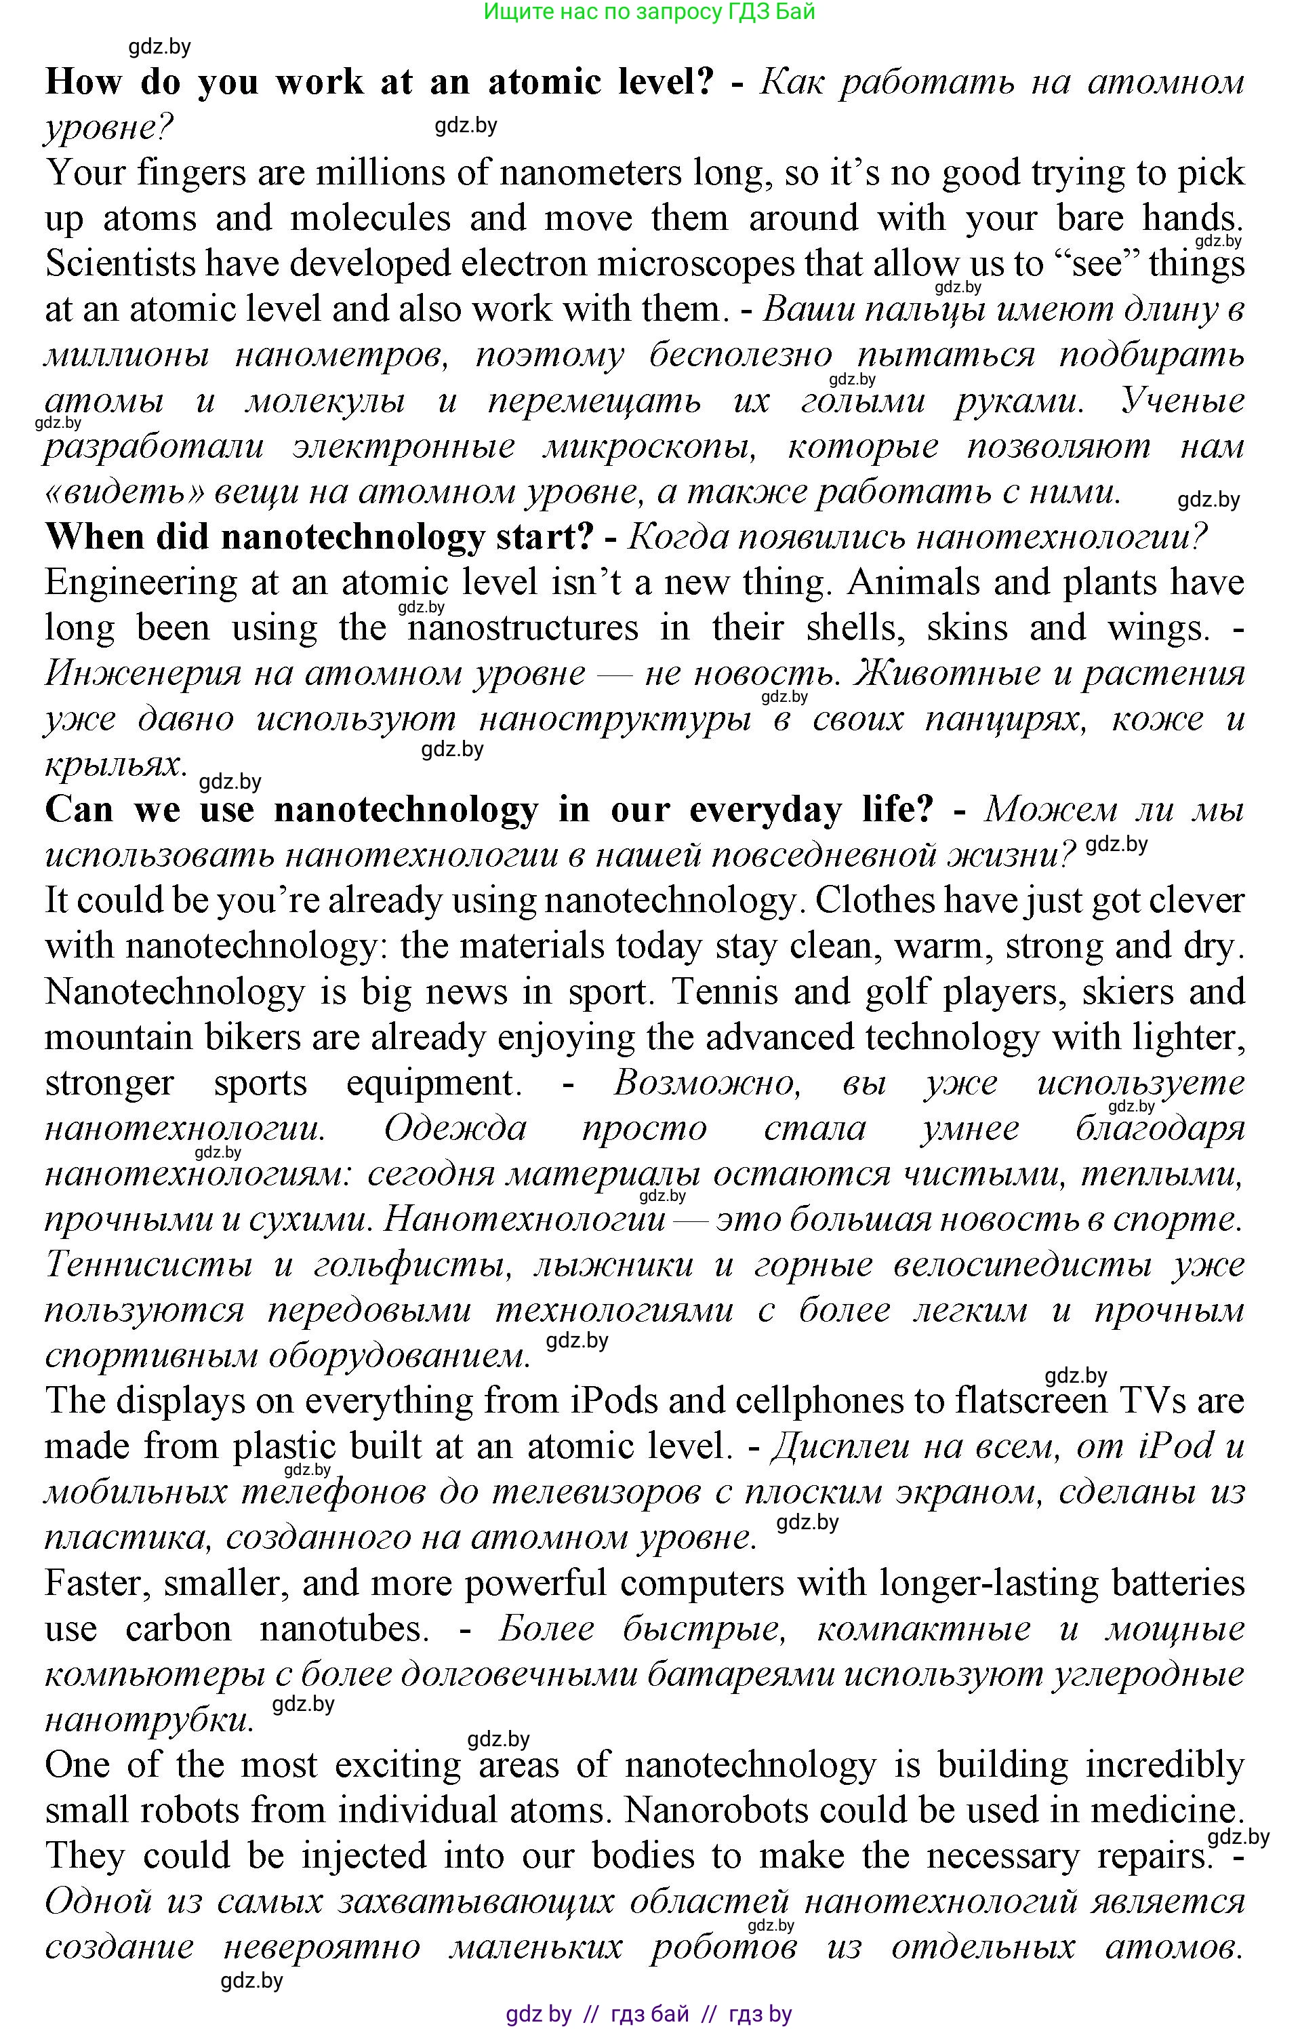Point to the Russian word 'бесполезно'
click(x=740, y=355)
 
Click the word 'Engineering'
click(x=141, y=583)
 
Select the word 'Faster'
click(x=97, y=1584)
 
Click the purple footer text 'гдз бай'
click(x=649, y=2014)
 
